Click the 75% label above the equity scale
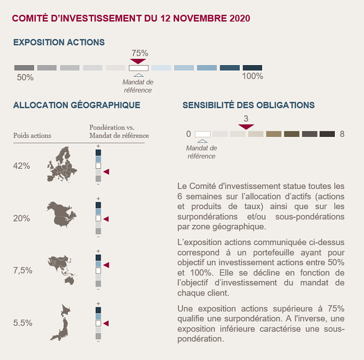coord(140,53)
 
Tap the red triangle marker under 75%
coord(138,61)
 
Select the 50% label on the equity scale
coord(25,77)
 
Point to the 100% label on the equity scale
coord(253,76)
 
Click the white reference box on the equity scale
coord(138,68)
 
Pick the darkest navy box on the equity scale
coord(253,68)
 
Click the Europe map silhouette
coord(62,164)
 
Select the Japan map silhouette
coord(61,323)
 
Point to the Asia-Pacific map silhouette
coord(62,270)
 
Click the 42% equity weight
coord(21,166)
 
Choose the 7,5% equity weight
coord(22,270)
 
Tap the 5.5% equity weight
coord(22,323)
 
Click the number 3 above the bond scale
coord(246,119)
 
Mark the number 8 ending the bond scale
coord(342,134)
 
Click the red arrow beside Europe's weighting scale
coord(106,172)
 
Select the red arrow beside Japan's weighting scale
coord(106,324)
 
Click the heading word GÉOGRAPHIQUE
coord(105,105)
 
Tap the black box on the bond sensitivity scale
coord(327,134)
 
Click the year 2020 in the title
coord(240,19)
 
